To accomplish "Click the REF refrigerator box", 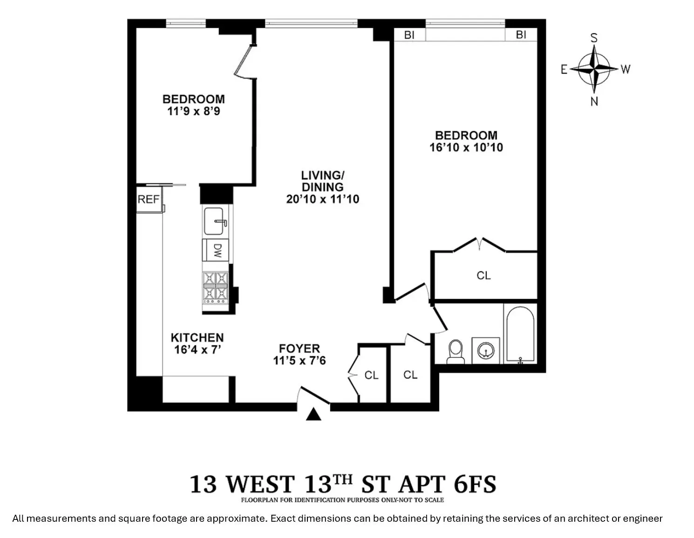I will (149, 199).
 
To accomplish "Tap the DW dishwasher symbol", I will (216, 251).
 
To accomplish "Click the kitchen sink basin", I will (215, 221).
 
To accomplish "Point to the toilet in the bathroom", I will (455, 351).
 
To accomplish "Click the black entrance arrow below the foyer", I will (313, 414).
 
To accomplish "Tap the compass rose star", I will (594, 69).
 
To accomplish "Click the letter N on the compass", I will (594, 101).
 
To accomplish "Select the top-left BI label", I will (409, 35).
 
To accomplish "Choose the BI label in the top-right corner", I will (521, 35).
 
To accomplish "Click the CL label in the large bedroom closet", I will (483, 276).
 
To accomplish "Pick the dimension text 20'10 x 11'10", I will (322, 199).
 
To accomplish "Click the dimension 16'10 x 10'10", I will (466, 148).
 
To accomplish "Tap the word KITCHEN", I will (197, 337).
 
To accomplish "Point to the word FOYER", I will (299, 348).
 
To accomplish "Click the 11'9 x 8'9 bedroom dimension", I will (193, 111).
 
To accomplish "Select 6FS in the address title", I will (474, 484).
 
